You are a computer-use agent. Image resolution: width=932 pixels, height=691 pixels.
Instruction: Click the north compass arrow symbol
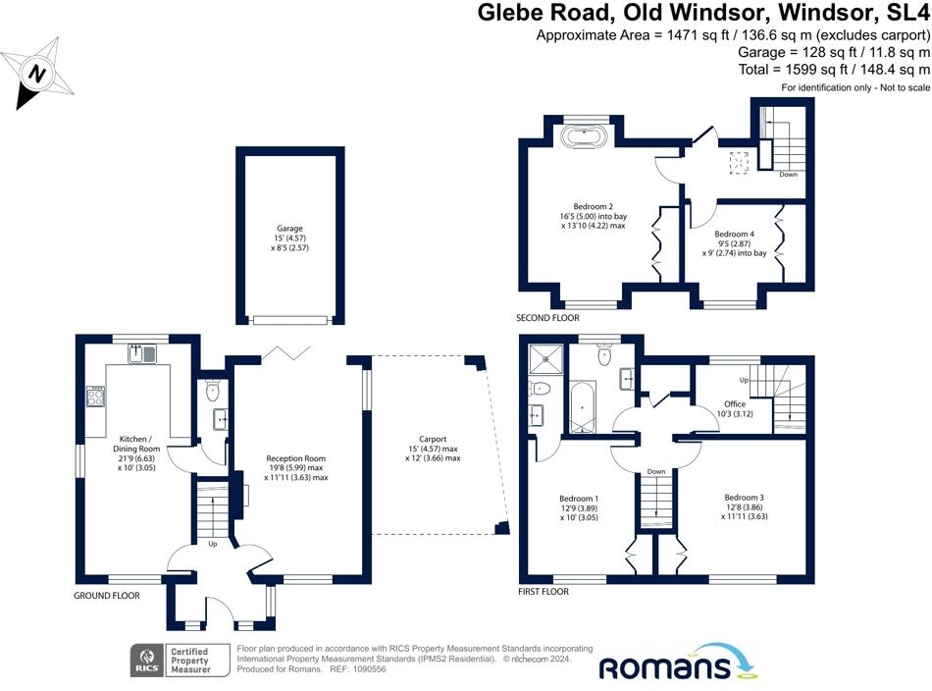point(38,73)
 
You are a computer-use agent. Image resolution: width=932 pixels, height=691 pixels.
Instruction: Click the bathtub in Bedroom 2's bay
point(586,135)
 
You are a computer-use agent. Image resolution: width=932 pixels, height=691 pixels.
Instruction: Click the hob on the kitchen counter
point(97,396)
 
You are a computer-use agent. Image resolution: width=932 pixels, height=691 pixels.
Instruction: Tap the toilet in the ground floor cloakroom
point(215,393)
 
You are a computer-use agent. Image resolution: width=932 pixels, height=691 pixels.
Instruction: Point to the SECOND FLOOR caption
point(547,318)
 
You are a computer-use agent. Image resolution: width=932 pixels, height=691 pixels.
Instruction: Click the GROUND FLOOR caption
point(107,596)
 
